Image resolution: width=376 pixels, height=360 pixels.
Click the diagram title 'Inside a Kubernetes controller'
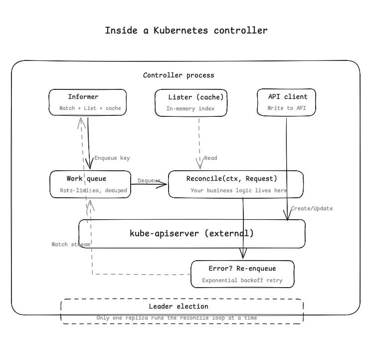tap(186, 30)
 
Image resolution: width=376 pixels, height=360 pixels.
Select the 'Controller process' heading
tap(179, 75)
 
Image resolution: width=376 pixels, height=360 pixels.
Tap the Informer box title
tap(83, 97)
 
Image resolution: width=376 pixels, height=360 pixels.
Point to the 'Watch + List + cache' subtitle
tap(90, 108)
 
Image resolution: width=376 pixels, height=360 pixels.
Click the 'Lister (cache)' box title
tap(196, 97)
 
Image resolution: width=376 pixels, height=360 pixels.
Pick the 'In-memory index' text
tap(190, 108)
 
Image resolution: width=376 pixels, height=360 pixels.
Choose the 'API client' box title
tap(288, 96)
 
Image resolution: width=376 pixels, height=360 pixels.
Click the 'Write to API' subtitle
tap(287, 108)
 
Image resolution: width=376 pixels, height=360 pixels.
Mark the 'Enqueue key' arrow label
tap(112, 158)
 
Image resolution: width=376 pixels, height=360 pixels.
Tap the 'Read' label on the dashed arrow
tap(210, 158)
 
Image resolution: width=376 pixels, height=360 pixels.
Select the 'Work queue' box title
tap(86, 178)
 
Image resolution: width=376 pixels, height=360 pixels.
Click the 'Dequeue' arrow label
tap(149, 180)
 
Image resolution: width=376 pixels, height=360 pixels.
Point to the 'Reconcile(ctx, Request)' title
tap(231, 178)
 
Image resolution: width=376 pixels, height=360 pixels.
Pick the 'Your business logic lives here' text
tap(238, 190)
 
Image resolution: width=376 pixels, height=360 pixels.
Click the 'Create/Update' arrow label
tap(312, 208)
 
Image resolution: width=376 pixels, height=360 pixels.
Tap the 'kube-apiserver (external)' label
tap(191, 233)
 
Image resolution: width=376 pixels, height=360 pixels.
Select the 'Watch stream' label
tap(71, 244)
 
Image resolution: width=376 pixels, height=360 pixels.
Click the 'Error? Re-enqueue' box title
tap(242, 269)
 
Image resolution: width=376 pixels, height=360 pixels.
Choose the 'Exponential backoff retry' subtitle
tap(242, 280)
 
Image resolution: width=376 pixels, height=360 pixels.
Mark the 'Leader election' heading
tap(179, 306)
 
